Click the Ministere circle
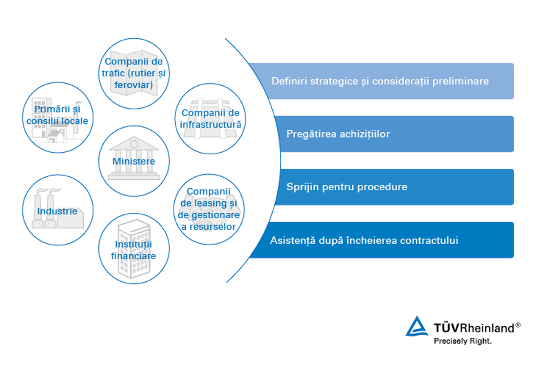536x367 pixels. (x=134, y=160)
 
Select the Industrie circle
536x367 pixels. (x=58, y=211)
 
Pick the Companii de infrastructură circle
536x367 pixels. (x=210, y=119)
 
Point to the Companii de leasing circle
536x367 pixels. (x=209, y=209)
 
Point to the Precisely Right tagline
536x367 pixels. (x=463, y=341)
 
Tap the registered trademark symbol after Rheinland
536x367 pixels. (x=518, y=325)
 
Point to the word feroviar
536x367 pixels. (x=134, y=84)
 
